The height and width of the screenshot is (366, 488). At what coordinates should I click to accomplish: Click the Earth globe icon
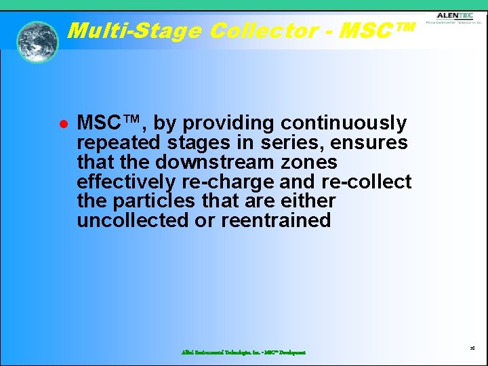click(x=37, y=41)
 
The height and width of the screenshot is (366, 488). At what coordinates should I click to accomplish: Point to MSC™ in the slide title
click(x=377, y=30)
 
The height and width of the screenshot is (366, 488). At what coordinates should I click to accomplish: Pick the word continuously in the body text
click(x=344, y=123)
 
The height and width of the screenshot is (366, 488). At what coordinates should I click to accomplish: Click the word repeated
click(x=119, y=143)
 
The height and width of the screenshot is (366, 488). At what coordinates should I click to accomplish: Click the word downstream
click(x=213, y=163)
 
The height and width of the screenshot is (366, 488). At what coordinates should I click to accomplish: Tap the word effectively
click(x=126, y=182)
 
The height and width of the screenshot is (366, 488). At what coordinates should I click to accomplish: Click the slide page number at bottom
click(x=472, y=348)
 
